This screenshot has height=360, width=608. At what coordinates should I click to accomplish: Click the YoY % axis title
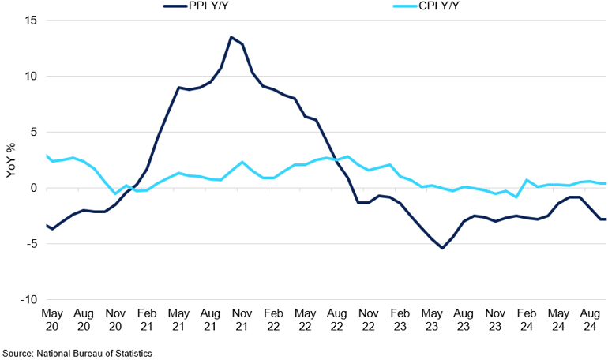[10, 160]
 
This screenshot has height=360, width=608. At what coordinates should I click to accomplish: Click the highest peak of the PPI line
[231, 37]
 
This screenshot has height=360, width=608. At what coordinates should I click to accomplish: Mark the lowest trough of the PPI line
[441, 248]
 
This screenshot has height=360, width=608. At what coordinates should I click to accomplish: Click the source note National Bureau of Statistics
[76, 353]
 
